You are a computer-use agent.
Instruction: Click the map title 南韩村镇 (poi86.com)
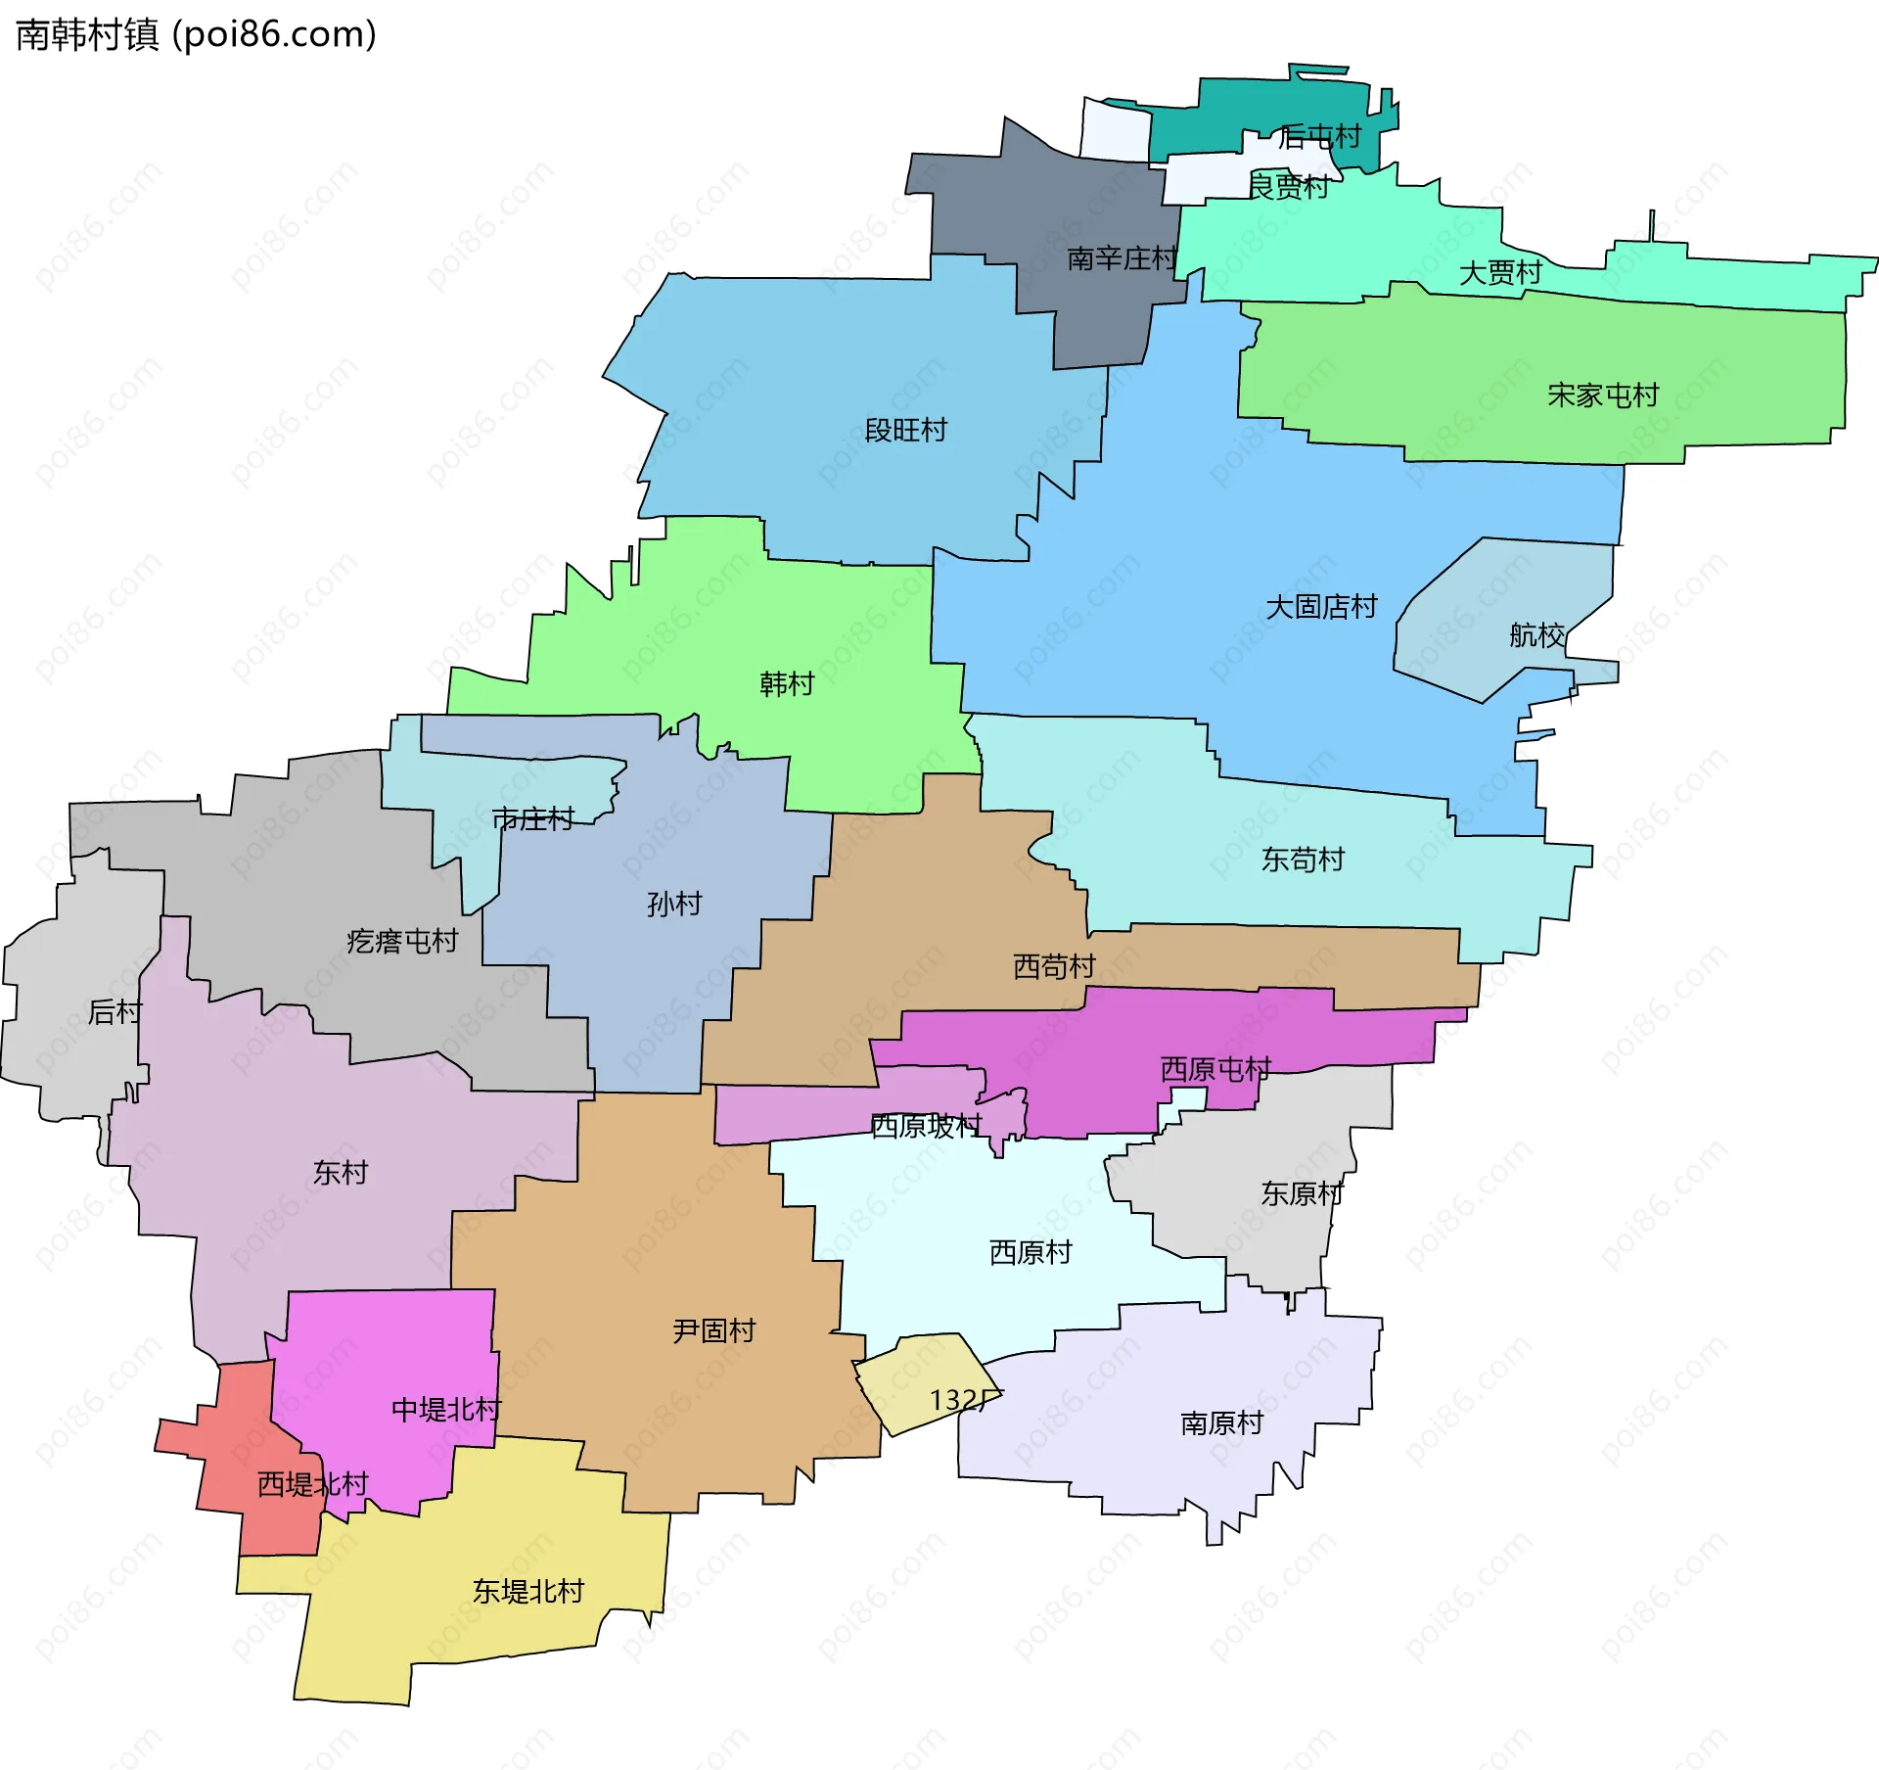tap(196, 35)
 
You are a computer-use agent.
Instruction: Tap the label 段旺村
tap(905, 431)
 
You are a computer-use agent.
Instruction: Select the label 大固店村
tap(1321, 607)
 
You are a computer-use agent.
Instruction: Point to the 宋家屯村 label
tap(1603, 396)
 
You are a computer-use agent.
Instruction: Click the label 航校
tap(1536, 635)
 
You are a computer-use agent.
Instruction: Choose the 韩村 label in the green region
tap(787, 683)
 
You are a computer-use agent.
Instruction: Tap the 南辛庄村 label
tap(1121, 258)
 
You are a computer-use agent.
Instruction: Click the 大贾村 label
tap(1500, 273)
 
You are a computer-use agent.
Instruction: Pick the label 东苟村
tap(1303, 860)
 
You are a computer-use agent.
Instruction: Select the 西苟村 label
tap(1054, 966)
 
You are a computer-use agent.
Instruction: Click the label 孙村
tap(674, 904)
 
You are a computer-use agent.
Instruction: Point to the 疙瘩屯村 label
tap(402, 941)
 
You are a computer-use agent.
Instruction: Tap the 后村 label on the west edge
tap(115, 1011)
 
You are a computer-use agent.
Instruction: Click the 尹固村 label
tap(713, 1330)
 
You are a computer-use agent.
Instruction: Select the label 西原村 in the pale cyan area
tap(1031, 1252)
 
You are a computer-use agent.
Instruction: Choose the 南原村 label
tap(1221, 1422)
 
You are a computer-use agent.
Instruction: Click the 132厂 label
tap(964, 1400)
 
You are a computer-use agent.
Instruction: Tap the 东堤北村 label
tap(527, 1591)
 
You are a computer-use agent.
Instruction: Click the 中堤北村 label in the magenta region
tap(445, 1410)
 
